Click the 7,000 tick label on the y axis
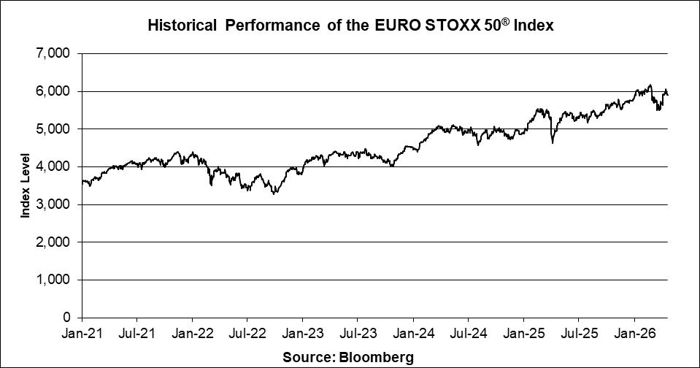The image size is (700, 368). tap(56, 54)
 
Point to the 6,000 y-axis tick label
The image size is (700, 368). tap(56, 91)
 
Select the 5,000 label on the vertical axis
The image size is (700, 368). tap(56, 129)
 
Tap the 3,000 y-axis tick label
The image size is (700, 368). tap(56, 204)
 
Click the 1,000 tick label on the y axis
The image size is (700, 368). tap(56, 280)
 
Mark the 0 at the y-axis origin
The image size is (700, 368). tap(66, 318)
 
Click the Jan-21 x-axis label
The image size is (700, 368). tap(82, 338)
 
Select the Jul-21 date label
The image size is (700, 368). tap(136, 338)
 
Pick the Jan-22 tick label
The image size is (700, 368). tap(192, 338)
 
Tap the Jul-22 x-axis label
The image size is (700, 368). tap(247, 338)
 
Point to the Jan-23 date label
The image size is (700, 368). tap(302, 338)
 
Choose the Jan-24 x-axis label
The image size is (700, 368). tap(413, 338)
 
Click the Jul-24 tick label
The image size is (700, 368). tap(468, 338)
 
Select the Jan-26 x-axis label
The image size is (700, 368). tap(634, 338)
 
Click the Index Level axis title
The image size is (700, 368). tap(25, 185)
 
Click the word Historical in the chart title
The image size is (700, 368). tap(182, 26)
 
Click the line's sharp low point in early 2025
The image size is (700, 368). tap(552, 143)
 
